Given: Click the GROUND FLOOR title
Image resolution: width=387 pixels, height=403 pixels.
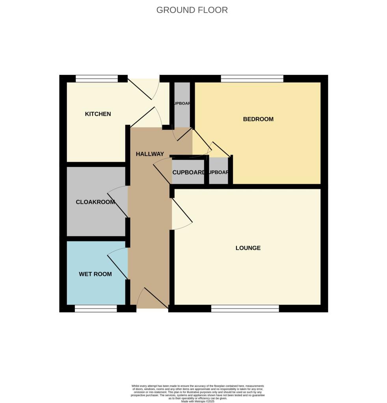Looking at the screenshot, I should (192, 10).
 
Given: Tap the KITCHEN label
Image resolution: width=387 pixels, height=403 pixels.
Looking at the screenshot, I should (98, 114).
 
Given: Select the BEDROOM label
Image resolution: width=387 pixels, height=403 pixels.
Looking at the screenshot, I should (258, 119).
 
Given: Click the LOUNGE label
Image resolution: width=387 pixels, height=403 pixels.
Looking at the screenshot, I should (248, 248).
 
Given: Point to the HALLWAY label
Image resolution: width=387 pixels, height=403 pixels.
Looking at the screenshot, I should (150, 154).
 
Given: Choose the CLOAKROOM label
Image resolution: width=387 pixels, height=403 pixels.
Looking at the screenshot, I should (95, 202).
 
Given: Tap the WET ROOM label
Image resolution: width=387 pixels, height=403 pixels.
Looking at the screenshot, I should (95, 274).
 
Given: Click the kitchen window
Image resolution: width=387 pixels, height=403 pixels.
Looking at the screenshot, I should (97, 79).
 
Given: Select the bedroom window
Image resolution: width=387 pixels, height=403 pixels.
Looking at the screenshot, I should (252, 79).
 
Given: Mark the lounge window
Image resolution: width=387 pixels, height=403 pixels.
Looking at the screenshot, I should (245, 309).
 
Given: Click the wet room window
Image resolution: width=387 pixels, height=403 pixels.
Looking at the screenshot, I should (96, 309).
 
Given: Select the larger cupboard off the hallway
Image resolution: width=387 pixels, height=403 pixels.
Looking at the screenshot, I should (188, 172).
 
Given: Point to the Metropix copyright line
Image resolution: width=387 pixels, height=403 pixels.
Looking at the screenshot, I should (197, 401).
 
